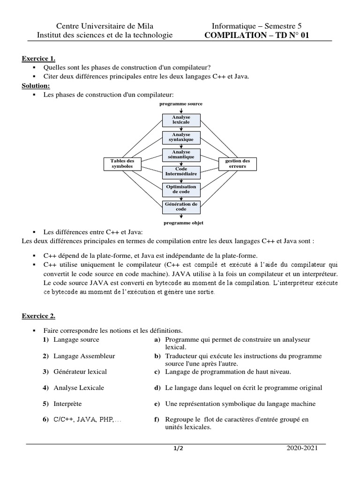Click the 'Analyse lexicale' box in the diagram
tap(181, 120)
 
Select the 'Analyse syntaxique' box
tap(181, 137)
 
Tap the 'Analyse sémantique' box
tap(181, 155)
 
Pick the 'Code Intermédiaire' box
tap(181, 172)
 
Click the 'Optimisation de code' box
tap(181, 189)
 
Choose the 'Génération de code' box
tap(181, 206)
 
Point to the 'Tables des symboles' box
tap(122, 164)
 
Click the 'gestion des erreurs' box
tap(239, 164)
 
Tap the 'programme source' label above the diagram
tap(181, 104)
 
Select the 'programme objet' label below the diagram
tap(183, 223)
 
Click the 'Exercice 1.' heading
tap(38, 59)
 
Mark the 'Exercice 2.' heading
tap(38, 316)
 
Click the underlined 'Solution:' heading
tap(36, 86)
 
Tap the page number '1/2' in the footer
tap(178, 449)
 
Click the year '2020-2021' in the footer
tap(302, 448)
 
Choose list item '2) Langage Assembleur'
tap(78, 356)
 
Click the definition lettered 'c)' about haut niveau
tap(228, 372)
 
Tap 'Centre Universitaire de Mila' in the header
tap(105, 26)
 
